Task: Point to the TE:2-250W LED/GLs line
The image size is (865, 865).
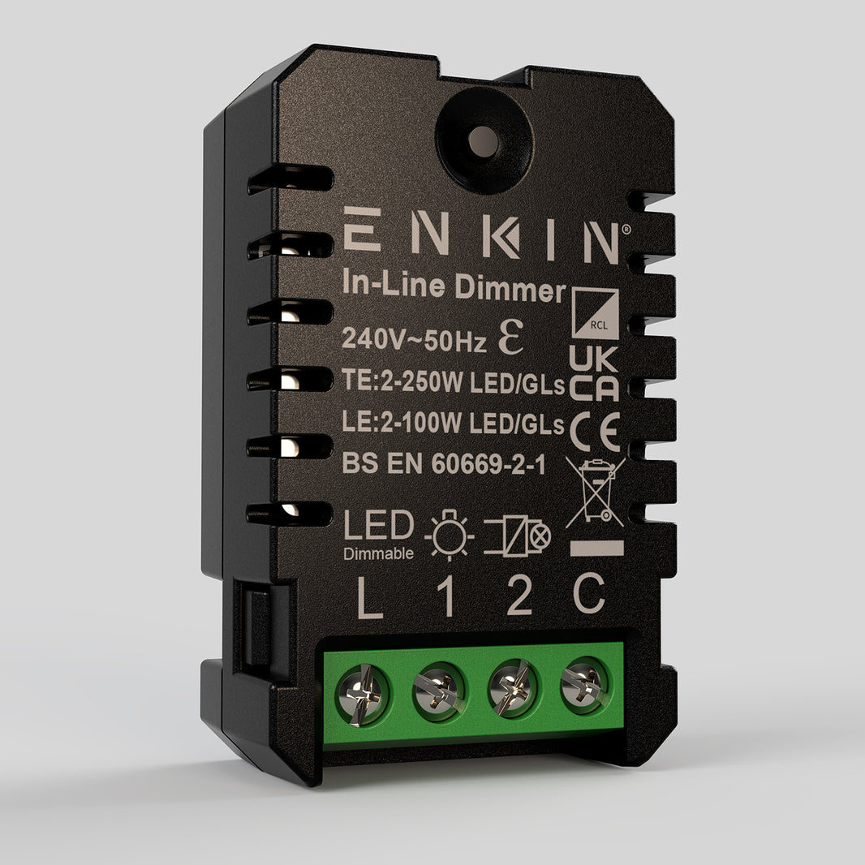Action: [x=452, y=384]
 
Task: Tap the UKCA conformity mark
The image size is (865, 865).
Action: [x=593, y=373]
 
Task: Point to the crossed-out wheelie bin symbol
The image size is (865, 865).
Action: [x=594, y=492]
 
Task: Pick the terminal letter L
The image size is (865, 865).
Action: [x=370, y=599]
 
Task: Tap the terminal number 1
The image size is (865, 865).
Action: [x=445, y=598]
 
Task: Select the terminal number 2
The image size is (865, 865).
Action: [x=519, y=598]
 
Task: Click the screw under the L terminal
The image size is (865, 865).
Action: [x=362, y=695]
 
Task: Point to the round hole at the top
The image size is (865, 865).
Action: [x=484, y=142]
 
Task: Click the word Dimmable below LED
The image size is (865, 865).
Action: [x=378, y=555]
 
